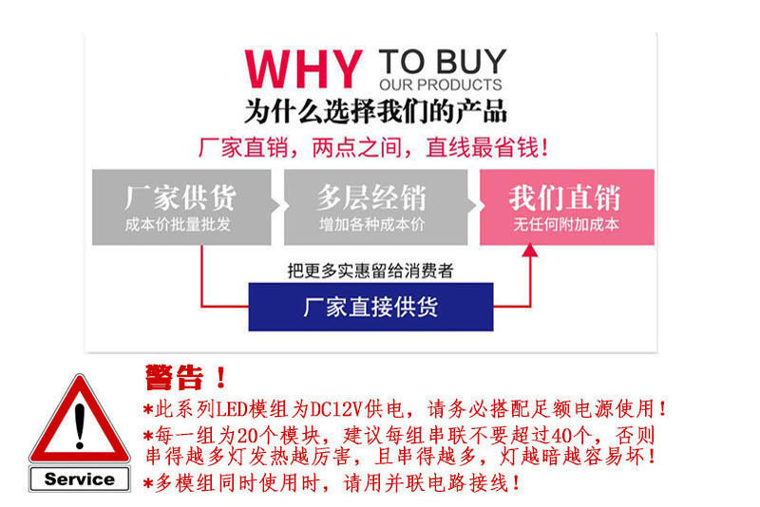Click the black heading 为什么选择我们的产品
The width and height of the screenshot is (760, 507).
pyautogui.click(x=375, y=111)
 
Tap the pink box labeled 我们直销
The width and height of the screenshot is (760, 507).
pyautogui.click(x=567, y=207)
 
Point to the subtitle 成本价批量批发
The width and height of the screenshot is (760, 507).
pyautogui.click(x=178, y=225)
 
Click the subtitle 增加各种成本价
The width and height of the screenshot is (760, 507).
pyautogui.click(x=372, y=225)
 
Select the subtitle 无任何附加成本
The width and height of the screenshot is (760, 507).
pyautogui.click(x=566, y=225)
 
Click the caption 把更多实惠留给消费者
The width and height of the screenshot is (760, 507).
pyautogui.click(x=370, y=271)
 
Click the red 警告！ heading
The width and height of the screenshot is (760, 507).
pyautogui.click(x=186, y=377)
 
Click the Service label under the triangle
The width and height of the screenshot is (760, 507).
pyautogui.click(x=80, y=479)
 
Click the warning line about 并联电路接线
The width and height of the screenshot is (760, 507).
pyautogui.click(x=332, y=484)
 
